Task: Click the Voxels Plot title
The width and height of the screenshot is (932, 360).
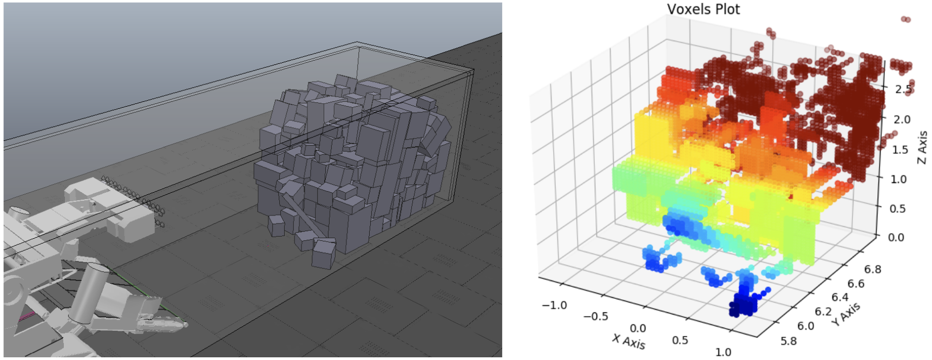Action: click(x=703, y=9)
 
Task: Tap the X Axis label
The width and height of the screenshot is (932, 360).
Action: click(x=628, y=341)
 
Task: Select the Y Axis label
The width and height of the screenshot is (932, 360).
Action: click(x=846, y=315)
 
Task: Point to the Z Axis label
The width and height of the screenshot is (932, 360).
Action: click(x=922, y=147)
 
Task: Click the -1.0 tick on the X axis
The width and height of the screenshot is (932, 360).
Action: click(x=554, y=305)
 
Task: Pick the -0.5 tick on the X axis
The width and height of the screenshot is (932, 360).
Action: click(x=595, y=316)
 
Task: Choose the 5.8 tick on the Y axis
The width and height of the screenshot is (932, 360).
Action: click(x=789, y=341)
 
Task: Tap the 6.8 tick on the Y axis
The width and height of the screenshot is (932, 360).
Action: click(x=872, y=269)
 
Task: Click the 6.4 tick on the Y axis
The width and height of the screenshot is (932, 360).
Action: click(x=840, y=297)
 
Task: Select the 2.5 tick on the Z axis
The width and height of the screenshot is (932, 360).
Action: click(x=904, y=89)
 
